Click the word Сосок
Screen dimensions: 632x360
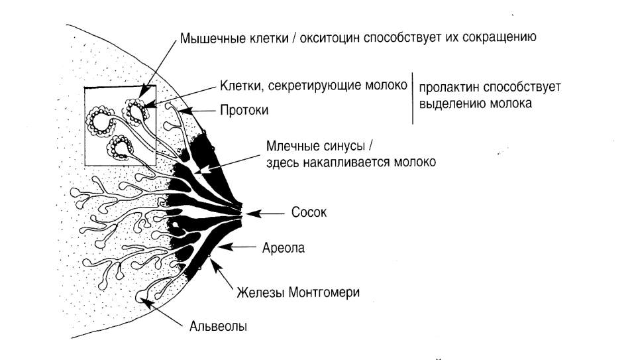tap(309, 212)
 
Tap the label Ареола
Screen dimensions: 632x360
tap(284, 247)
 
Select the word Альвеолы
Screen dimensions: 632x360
tap(218, 326)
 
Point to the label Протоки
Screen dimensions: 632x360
tap(244, 110)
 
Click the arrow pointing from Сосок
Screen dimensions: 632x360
tap(265, 213)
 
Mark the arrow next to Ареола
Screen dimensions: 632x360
tap(237, 246)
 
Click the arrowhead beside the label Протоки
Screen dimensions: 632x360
tap(184, 109)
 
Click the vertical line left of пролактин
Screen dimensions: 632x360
tap(412, 98)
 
